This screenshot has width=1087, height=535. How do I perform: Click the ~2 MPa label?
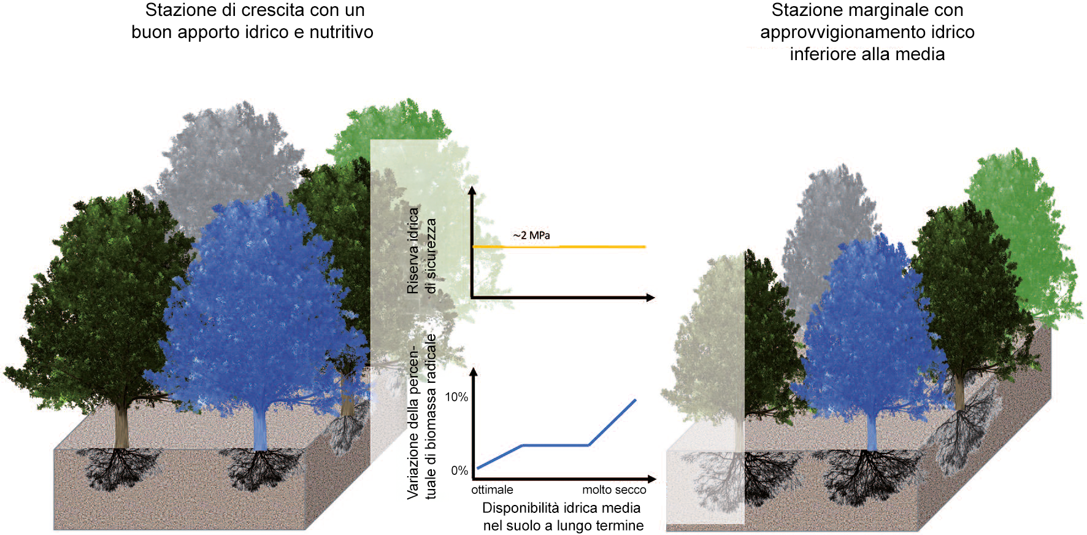(531, 236)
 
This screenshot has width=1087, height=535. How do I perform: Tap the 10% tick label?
(456, 397)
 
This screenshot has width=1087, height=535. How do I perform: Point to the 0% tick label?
(459, 471)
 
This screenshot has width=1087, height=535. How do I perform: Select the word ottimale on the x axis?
(492, 490)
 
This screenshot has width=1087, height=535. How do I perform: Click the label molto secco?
(614, 490)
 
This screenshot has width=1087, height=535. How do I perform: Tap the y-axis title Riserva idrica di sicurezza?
(421, 250)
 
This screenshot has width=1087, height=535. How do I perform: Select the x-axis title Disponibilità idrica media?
(562, 508)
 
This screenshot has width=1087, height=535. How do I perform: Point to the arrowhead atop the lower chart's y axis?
(472, 372)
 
